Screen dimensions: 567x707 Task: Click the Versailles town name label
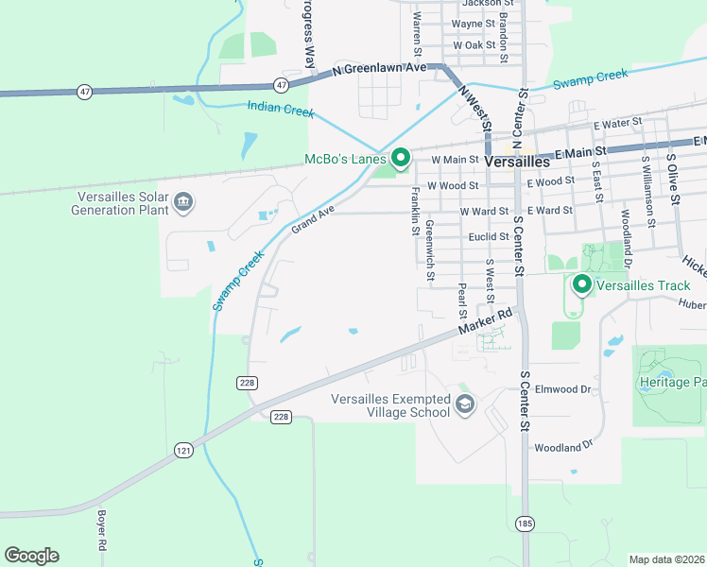coord(516,162)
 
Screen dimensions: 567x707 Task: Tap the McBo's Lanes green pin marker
coord(400,158)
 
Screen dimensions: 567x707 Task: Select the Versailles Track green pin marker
coord(581,283)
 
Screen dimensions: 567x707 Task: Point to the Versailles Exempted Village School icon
coord(464,405)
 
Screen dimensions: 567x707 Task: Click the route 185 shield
coord(524,523)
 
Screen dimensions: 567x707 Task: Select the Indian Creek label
coord(281,111)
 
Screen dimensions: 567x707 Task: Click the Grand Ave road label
coord(313,222)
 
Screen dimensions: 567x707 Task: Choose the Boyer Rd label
coord(101,531)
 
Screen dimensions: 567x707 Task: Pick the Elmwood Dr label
coord(562,388)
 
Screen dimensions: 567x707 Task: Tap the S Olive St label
coord(673,180)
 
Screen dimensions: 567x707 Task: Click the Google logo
coord(31,556)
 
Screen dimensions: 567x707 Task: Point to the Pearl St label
coord(462,301)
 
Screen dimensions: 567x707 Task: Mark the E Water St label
coord(617,124)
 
